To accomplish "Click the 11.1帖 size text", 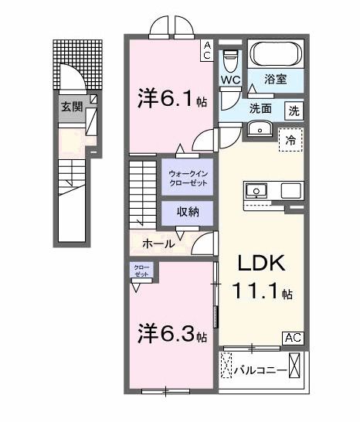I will tap(262, 293).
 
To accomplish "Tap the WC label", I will tap(231, 80).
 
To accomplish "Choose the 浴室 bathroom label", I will tap(275, 79).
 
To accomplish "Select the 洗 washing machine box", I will tap(294, 111).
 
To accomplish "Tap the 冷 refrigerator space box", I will tap(290, 141).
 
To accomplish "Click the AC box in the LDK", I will tap(294, 338).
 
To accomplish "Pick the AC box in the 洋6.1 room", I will tap(208, 50).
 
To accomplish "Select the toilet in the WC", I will tap(230, 59).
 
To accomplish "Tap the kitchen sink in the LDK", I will tap(257, 189).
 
